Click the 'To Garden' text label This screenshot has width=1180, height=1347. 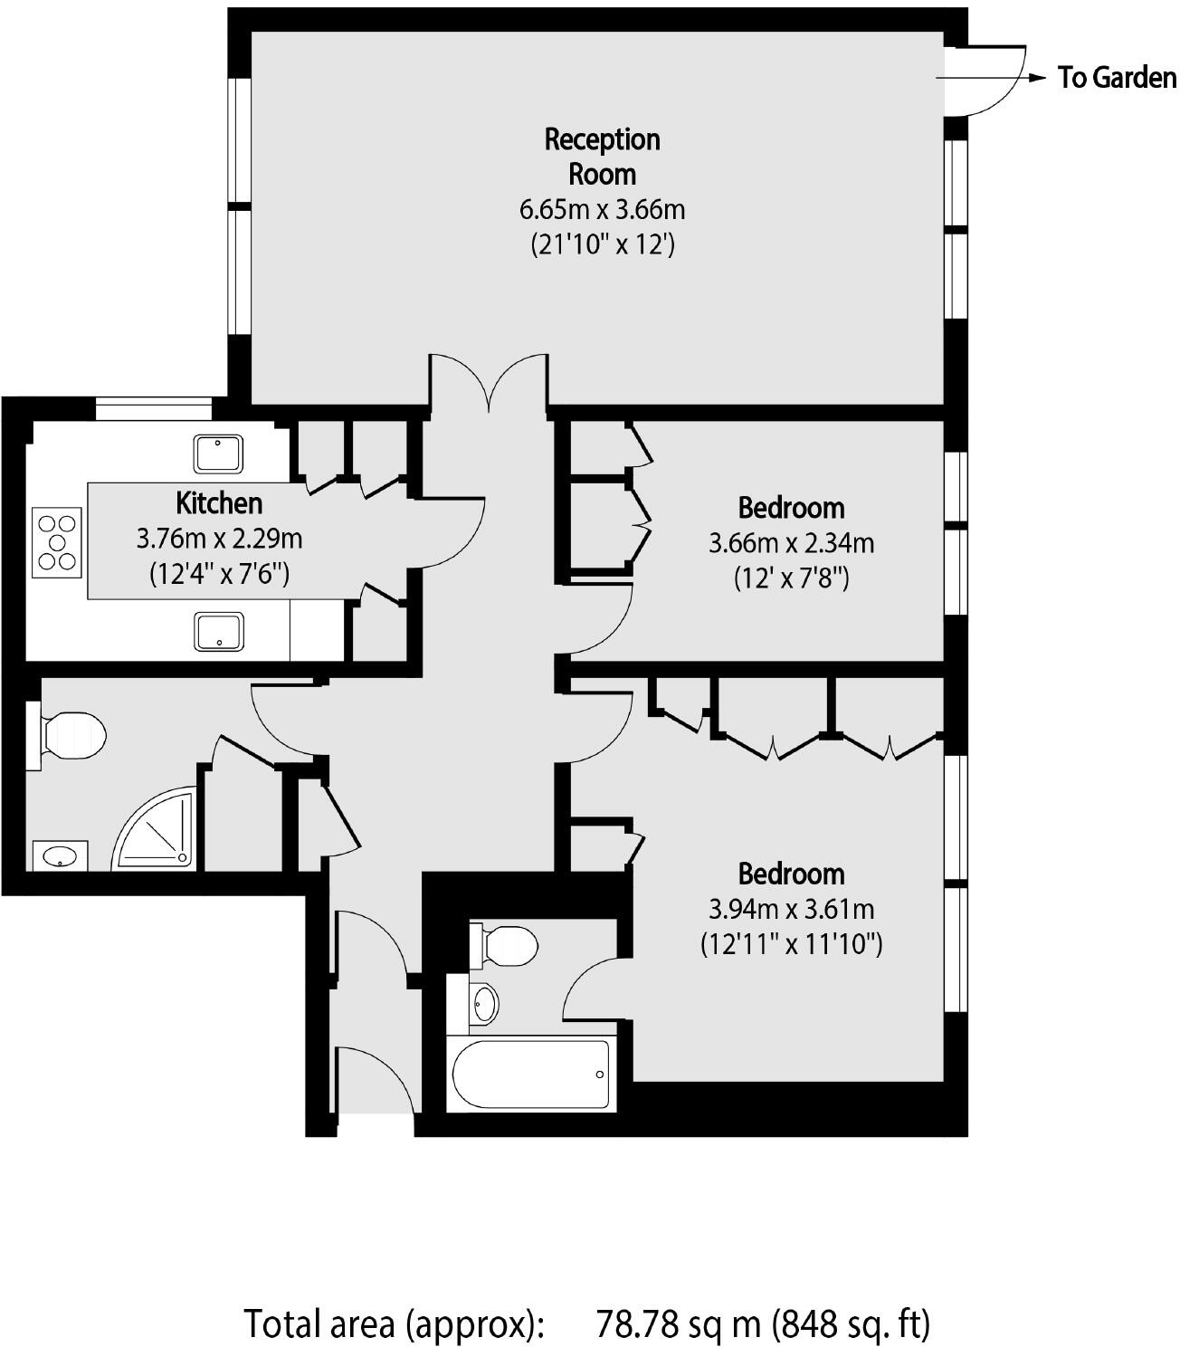click(1117, 78)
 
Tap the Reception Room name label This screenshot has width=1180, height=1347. click(602, 156)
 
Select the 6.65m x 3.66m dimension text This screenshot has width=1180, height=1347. click(602, 210)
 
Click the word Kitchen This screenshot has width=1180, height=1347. click(219, 502)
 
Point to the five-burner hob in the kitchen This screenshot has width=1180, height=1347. click(57, 542)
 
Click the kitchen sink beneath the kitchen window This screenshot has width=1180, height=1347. click(219, 453)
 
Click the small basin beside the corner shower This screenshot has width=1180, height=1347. click(60, 855)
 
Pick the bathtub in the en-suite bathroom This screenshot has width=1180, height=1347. click(530, 1074)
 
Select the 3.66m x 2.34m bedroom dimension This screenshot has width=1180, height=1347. click(791, 543)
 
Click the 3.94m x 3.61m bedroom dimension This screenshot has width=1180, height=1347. click(791, 908)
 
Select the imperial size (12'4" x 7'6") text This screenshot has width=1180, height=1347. click(219, 574)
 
